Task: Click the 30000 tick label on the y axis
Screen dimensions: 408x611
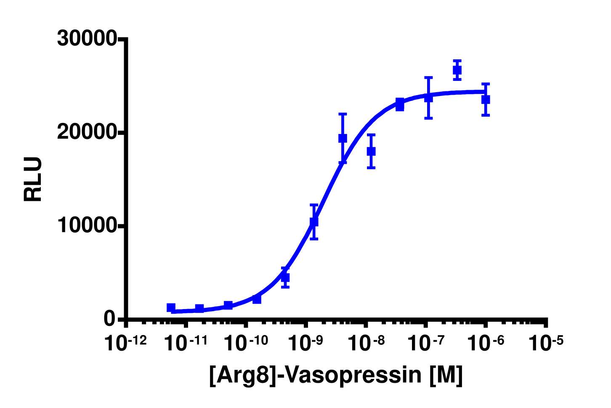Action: [x=87, y=38]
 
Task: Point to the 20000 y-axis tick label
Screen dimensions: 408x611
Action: [x=87, y=132]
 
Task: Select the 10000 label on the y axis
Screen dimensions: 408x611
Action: [x=87, y=226]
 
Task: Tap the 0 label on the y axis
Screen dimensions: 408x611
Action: [x=109, y=319]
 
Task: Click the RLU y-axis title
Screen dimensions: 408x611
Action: [x=33, y=179]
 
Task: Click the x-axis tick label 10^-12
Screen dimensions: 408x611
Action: [x=126, y=343]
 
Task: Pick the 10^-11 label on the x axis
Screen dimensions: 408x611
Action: [x=186, y=343]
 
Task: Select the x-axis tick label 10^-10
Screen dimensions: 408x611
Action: [x=246, y=343]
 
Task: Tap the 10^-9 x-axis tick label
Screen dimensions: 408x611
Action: [x=306, y=343]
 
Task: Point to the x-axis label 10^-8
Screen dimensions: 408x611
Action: [x=366, y=343]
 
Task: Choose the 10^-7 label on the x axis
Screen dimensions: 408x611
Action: [x=426, y=343]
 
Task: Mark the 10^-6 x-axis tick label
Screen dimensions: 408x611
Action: [x=486, y=343]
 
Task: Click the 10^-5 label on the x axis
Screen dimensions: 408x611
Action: [x=546, y=343]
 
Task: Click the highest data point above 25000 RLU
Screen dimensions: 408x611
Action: [x=457, y=70]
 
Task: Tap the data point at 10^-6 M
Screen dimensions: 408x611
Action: [x=486, y=99]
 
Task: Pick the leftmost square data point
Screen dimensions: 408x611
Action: [x=171, y=308]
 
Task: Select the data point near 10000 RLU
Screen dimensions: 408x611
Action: [x=314, y=221]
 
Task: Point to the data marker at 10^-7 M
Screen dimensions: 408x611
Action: [x=428, y=98]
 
